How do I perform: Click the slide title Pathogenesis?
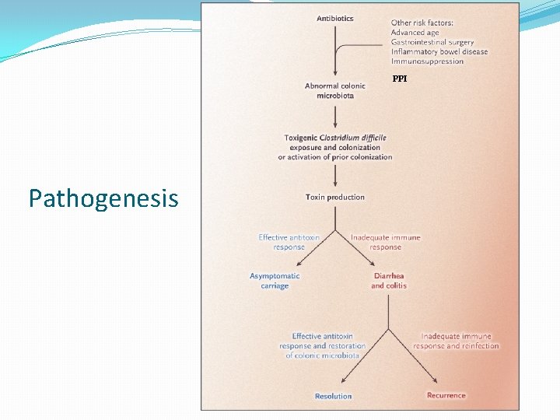(x=103, y=199)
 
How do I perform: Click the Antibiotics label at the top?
(x=335, y=19)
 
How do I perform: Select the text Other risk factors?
(x=422, y=23)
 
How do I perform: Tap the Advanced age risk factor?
(x=415, y=33)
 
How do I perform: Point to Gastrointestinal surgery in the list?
(x=432, y=42)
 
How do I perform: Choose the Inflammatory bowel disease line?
(x=439, y=51)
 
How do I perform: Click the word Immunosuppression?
(x=427, y=61)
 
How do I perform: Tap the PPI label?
(x=400, y=79)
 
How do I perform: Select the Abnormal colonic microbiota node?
(x=335, y=91)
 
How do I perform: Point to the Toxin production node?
(x=335, y=198)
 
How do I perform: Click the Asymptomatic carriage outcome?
(x=275, y=281)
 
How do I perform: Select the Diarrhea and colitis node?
(x=388, y=281)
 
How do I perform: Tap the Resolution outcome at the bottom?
(x=334, y=396)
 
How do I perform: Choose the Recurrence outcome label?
(x=446, y=395)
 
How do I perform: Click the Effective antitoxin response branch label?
(x=289, y=242)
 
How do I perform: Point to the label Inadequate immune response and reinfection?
(x=456, y=341)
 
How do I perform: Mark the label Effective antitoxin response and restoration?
(x=322, y=345)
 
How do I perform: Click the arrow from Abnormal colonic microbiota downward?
(x=335, y=115)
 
